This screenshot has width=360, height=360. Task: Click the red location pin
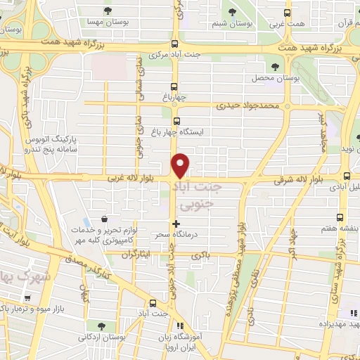181,165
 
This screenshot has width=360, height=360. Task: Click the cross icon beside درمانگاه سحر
175,224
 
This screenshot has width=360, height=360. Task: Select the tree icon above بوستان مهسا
108,11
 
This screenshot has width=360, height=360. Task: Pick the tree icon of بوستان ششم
233,11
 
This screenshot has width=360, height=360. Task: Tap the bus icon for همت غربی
285,12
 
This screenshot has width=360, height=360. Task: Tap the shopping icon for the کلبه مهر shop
104,219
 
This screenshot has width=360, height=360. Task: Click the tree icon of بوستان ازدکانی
103,326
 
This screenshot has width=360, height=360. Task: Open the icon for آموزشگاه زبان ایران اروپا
180,326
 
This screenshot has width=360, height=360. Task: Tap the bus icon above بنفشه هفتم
341,217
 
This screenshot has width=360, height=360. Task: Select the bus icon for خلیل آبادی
346,176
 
